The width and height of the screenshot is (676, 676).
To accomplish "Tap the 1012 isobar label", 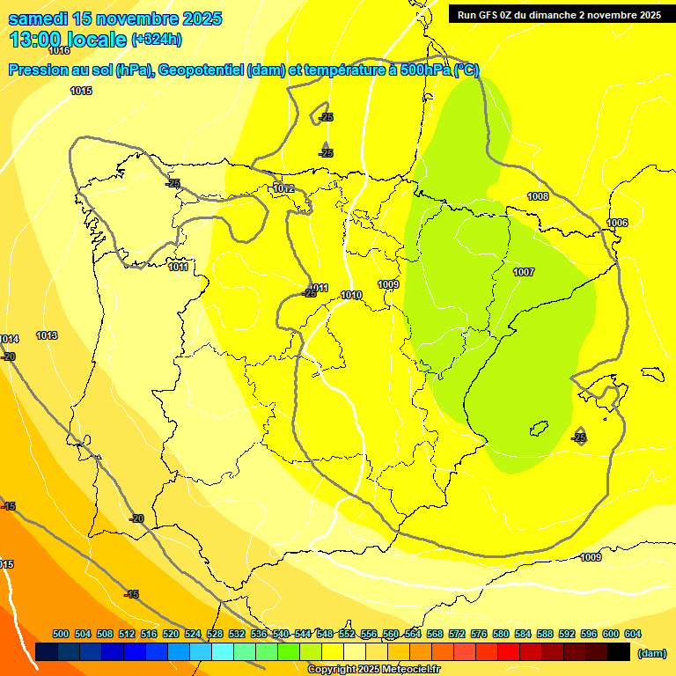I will click(x=283, y=188).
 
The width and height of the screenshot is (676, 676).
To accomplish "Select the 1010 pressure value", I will click(x=351, y=295).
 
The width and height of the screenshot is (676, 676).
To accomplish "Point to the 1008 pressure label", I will click(x=538, y=196).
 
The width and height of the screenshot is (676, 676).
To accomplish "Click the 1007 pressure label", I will click(x=524, y=272).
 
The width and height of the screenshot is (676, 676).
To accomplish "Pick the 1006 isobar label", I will click(x=617, y=223).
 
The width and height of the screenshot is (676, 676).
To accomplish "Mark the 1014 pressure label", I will click(x=9, y=339).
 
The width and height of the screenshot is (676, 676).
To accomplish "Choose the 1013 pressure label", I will click(x=47, y=335).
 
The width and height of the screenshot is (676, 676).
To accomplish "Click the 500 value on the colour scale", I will click(x=61, y=634).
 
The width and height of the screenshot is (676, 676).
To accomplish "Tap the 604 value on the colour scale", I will click(x=633, y=634).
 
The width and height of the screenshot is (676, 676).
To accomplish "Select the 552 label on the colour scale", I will click(x=347, y=634).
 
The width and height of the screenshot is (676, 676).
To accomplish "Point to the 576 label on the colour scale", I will click(x=479, y=634).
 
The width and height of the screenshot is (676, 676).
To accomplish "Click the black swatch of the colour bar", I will click(x=619, y=651).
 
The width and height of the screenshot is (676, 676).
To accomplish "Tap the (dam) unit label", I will click(x=651, y=652).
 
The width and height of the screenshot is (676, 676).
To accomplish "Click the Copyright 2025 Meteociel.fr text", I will click(x=373, y=669).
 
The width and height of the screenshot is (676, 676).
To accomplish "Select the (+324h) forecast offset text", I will click(x=157, y=39).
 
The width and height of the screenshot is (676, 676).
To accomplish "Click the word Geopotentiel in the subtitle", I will click(x=202, y=70).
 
